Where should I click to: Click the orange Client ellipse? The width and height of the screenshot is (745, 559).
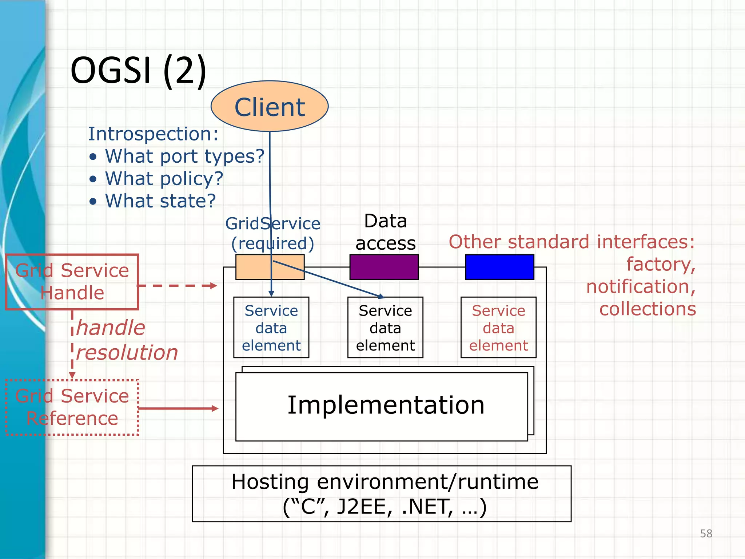coord(270,106)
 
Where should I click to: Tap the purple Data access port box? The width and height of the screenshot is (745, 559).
coord(384,267)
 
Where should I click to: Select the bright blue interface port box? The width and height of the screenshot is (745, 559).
coord(499,267)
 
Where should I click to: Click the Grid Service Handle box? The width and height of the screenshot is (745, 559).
coord(72,282)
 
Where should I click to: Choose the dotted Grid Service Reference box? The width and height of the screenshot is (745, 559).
coord(72,407)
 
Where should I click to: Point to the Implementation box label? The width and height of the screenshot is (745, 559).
coord(386,405)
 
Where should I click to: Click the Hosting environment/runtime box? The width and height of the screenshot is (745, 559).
coord(382,494)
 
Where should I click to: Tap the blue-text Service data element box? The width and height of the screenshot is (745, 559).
coord(271,328)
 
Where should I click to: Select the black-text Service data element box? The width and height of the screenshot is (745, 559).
coord(385,328)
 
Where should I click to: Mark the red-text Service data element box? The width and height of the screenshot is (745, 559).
coord(498,328)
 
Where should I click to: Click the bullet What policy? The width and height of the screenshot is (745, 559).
coord(164,179)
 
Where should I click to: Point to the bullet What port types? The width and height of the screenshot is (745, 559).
coord(184,156)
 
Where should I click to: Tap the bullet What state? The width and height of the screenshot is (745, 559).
coord(160,201)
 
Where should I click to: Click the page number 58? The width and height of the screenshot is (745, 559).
coord(706,534)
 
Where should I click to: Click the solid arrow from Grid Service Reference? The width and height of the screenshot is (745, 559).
coord(178,408)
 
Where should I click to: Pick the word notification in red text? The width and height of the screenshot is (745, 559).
coord(641,286)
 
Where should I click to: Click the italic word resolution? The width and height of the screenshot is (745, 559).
coord(127,352)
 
